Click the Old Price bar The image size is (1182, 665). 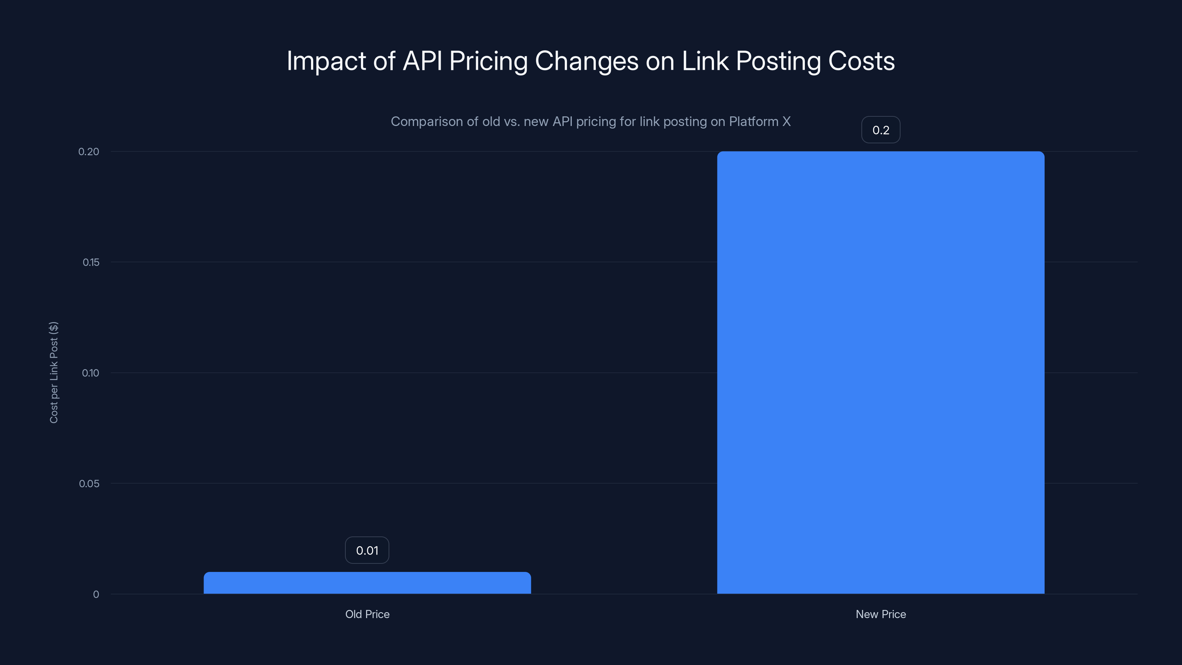pyautogui.click(x=367, y=583)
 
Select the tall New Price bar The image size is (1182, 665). pyautogui.click(x=881, y=372)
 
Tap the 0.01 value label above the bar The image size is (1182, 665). pyautogui.click(x=367, y=550)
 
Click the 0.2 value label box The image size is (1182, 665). pyautogui.click(x=881, y=130)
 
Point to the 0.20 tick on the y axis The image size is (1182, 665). pyautogui.click(x=89, y=151)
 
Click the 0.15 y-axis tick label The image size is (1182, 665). pyautogui.click(x=90, y=262)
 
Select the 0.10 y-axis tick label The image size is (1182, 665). pyautogui.click(x=90, y=373)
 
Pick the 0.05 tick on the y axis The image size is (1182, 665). pyautogui.click(x=89, y=483)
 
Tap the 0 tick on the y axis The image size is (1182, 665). pyautogui.click(x=96, y=594)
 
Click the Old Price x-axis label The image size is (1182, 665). pyautogui.click(x=367, y=614)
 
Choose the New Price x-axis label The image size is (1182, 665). pyautogui.click(x=881, y=614)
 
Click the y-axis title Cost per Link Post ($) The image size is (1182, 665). pyautogui.click(x=54, y=372)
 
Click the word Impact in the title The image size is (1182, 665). pyautogui.click(x=326, y=61)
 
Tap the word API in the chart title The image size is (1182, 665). pyautogui.click(x=422, y=61)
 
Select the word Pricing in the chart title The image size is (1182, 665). pyautogui.click(x=488, y=61)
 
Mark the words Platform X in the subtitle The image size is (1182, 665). pyautogui.click(x=760, y=122)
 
